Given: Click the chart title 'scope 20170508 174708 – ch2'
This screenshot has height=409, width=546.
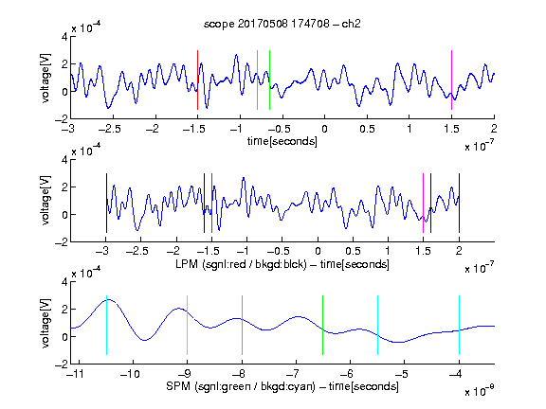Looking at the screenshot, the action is [x=282, y=24].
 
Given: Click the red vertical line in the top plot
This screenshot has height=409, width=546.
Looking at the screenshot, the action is [x=197, y=80].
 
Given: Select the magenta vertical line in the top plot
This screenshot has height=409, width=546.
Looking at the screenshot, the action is [x=451, y=80].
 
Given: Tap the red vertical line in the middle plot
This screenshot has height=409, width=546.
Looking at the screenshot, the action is [x=211, y=204].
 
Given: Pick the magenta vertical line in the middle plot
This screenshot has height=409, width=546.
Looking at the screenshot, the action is [x=423, y=204].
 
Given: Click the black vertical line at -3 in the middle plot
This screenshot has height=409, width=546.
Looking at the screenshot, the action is [x=106, y=204].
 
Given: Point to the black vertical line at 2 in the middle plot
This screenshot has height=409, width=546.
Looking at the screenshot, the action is [x=459, y=204].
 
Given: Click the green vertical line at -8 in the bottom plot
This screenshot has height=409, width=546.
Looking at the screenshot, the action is [x=242, y=325].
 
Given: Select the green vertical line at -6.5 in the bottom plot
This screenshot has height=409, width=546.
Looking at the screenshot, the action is [x=323, y=325].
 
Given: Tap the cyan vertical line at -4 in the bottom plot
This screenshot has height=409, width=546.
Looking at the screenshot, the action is [x=459, y=325].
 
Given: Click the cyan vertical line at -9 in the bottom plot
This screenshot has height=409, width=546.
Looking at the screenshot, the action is [x=187, y=325].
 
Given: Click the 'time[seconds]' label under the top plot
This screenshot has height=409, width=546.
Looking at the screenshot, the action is [x=282, y=141].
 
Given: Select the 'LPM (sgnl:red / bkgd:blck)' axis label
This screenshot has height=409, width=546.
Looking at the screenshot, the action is [x=241, y=264].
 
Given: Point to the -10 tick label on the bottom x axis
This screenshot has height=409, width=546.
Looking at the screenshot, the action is [x=130, y=374].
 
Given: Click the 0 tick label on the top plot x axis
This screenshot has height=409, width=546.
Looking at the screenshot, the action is [x=324, y=129].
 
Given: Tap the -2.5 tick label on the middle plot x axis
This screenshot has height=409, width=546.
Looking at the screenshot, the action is [x=136, y=251].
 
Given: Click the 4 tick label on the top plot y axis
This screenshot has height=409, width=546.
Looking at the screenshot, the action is [x=64, y=37].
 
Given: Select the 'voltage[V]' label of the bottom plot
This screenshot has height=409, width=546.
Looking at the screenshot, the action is [x=45, y=323].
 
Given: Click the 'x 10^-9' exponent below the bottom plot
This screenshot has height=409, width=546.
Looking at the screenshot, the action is [x=479, y=391].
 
